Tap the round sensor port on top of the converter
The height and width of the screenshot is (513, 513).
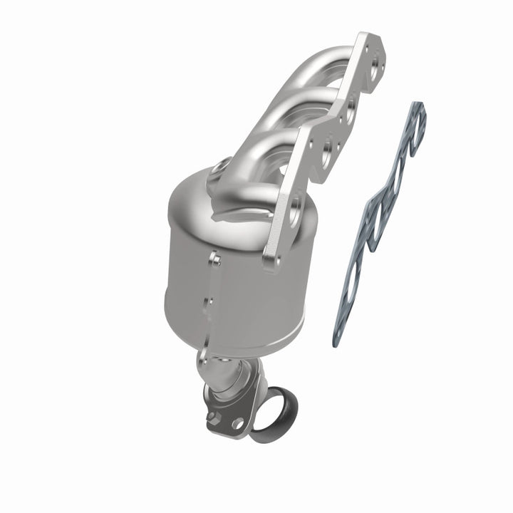pos(217,169)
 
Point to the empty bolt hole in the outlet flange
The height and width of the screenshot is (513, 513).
pos(237,423)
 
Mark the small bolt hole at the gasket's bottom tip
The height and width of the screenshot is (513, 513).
pos(340,328)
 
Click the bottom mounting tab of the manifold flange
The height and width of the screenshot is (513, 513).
pos(272,261)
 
